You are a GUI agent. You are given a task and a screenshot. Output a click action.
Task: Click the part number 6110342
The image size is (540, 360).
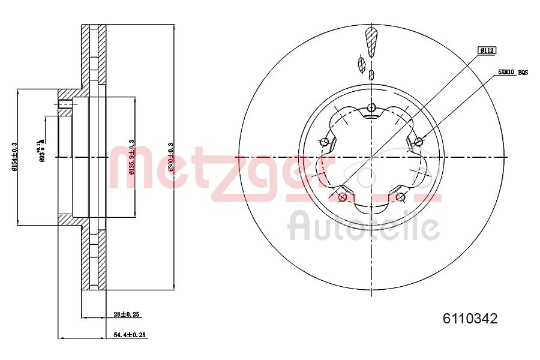(470, 319)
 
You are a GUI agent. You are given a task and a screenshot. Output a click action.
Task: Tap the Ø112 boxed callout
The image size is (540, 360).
(486, 51)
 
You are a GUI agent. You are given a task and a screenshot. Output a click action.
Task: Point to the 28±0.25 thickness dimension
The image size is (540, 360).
(127, 314)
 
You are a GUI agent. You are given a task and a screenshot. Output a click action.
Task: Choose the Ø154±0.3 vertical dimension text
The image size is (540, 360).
(14, 157)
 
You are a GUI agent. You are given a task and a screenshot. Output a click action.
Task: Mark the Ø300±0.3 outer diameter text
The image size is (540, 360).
(170, 157)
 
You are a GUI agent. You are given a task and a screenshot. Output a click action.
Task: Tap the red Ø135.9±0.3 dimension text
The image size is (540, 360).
(131, 157)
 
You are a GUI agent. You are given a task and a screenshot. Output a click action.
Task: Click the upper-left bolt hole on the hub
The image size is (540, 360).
(325, 142)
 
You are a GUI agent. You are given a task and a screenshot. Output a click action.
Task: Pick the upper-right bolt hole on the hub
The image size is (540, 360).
(418, 142)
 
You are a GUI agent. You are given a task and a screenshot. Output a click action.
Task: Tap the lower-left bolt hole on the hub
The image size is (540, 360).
(343, 197)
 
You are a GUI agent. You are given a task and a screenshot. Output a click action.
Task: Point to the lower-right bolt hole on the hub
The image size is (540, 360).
(401, 197)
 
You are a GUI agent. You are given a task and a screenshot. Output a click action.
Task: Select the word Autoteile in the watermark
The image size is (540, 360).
(364, 226)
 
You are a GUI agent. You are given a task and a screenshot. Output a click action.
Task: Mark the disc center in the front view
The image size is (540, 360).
(371, 157)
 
